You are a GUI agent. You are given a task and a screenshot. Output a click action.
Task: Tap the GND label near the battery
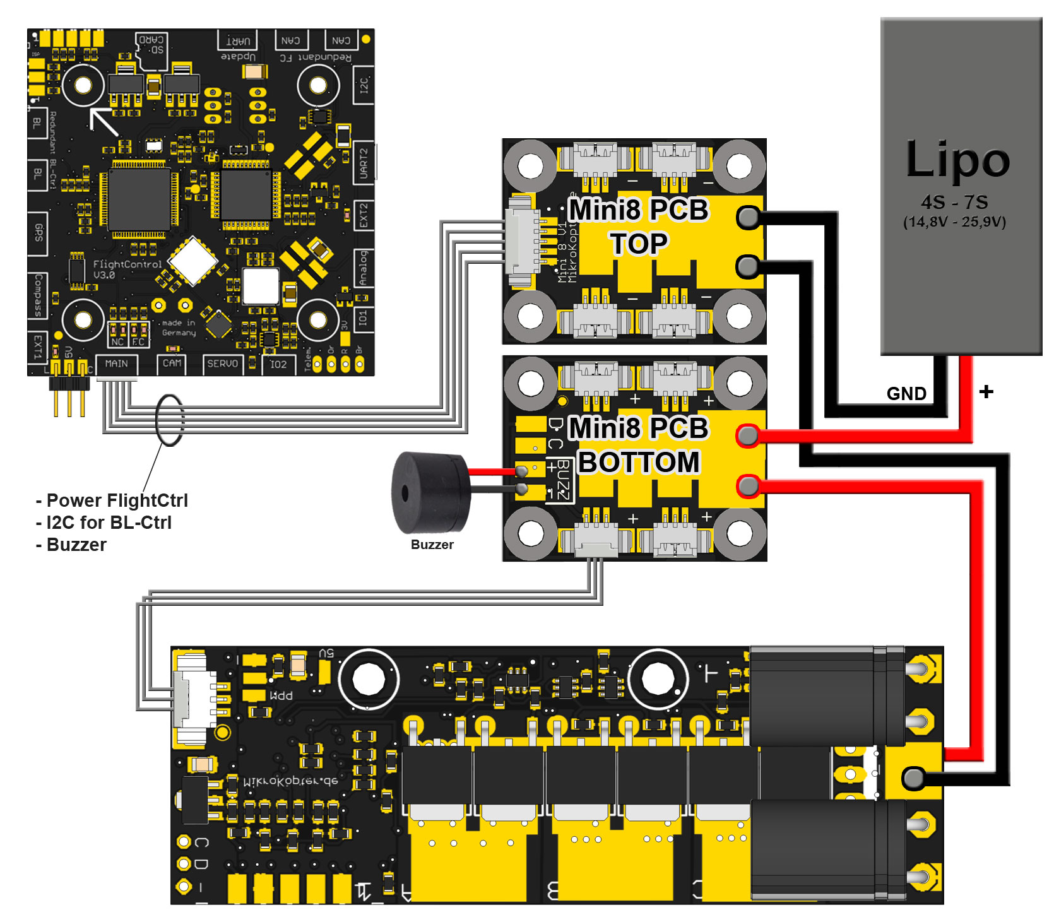(906, 394)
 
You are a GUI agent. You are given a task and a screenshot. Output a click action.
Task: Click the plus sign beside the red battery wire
(986, 392)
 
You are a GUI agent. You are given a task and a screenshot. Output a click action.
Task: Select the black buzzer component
(430, 492)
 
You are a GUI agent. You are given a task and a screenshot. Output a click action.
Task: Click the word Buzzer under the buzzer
(432, 545)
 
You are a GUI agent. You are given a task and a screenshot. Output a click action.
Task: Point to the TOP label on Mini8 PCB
(638, 244)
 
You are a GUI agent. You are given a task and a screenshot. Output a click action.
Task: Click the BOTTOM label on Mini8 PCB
(638, 462)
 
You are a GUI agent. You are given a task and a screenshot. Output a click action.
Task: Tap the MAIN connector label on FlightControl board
(116, 363)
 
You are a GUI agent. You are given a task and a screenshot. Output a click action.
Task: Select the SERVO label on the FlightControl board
(222, 363)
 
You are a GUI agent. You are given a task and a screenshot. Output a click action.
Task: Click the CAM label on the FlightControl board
(172, 363)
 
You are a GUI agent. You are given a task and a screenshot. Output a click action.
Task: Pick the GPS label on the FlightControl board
(38, 233)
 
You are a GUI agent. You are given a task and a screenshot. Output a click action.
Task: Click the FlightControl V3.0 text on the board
(127, 269)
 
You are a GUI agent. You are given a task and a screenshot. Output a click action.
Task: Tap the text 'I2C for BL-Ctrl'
(109, 523)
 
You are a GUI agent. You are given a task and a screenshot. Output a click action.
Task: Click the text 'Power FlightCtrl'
(117, 500)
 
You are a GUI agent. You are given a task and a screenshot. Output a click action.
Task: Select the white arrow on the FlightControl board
(103, 121)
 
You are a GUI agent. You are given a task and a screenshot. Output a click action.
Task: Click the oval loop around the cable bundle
(169, 420)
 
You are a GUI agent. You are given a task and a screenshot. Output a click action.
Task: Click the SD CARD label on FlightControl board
(152, 44)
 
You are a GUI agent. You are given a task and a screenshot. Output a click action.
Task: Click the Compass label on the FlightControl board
(38, 295)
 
